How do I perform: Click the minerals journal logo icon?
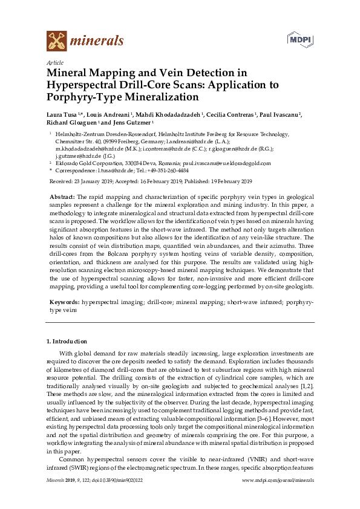56,41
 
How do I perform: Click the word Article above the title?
54,62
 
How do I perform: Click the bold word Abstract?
62,197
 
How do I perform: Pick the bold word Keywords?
64,300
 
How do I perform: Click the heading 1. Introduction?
67,342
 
